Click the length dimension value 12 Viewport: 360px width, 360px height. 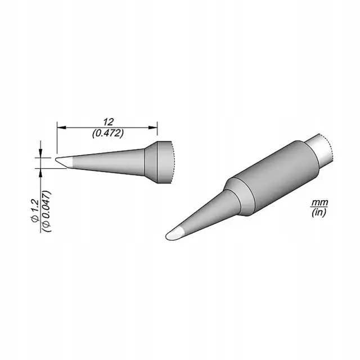(x=108, y=122)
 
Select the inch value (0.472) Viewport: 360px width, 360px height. (x=108, y=133)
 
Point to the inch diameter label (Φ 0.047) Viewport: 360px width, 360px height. (x=47, y=211)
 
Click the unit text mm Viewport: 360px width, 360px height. (x=319, y=202)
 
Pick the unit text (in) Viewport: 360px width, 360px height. (x=319, y=213)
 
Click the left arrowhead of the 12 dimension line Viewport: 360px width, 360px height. (x=61, y=128)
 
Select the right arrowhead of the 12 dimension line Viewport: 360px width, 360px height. (x=152, y=128)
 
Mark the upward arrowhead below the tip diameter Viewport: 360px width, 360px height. (x=41, y=173)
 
